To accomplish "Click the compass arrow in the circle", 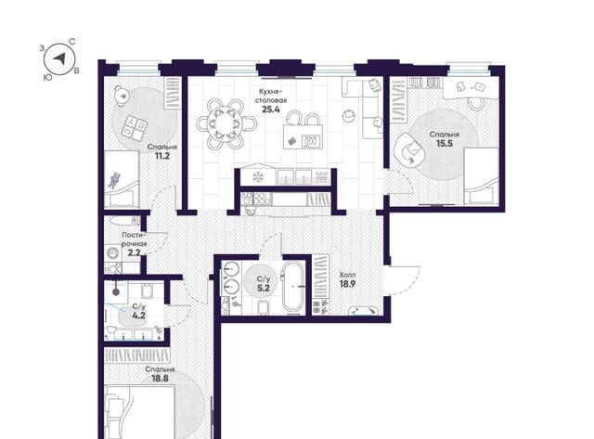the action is coord(59,58).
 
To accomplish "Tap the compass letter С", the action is coord(72,42).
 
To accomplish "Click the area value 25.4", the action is coord(271,110).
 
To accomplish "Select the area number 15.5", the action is coord(445,144).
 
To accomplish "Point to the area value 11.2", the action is coord(162,156).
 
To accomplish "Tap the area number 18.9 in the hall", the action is coord(347,284).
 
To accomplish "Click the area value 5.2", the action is coord(264,289).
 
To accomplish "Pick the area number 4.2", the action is coord(138,316).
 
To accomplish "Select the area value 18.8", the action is coord(160,378).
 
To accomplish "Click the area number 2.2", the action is coord(134,252).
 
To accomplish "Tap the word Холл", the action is coord(347,275).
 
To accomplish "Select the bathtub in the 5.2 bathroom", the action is coord(292,287).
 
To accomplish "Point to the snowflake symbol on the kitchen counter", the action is coord(258,176).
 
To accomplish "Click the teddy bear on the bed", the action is coord(114,180).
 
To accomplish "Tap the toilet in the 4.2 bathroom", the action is coord(147,291).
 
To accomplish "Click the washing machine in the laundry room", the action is coord(112,252).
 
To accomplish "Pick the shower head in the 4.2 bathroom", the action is coord(116,292).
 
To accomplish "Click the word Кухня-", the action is coord(270,91).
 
